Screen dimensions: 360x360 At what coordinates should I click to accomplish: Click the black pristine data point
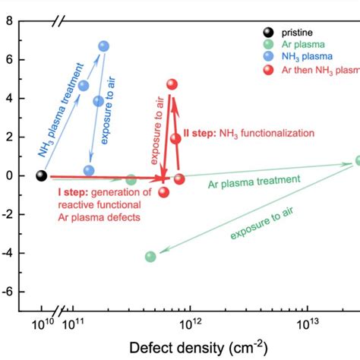click(x=42, y=175)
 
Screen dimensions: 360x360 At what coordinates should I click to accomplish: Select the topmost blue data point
click(x=104, y=46)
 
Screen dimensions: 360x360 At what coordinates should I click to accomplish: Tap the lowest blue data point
click(x=89, y=171)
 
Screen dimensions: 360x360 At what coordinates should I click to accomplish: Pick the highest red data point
click(x=172, y=84)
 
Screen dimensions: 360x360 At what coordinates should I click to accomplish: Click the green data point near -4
click(x=150, y=257)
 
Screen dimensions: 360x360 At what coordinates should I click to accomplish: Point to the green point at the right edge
click(x=358, y=161)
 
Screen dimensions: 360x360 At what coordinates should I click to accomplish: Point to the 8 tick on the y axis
click(x=8, y=21)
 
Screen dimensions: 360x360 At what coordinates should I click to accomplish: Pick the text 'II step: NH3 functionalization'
click(x=245, y=133)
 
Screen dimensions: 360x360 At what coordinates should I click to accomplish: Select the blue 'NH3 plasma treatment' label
click(x=58, y=111)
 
